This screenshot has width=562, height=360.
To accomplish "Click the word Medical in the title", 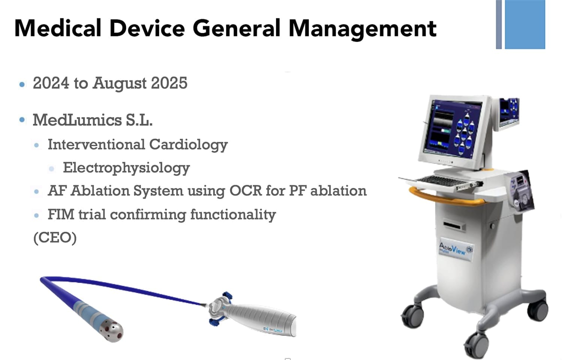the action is coord(58,28).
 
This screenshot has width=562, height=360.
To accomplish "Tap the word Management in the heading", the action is coord(363,29).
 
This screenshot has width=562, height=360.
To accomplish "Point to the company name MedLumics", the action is coord(77,120).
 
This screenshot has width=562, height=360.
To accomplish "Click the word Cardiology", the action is coord(188,145).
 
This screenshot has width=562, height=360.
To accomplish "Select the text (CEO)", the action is coord(55,238).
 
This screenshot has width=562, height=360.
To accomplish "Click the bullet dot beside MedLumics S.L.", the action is coord(22,120).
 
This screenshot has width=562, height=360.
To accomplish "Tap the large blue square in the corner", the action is coord(525,24).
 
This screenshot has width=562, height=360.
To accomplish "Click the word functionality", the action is coord(233,215).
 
